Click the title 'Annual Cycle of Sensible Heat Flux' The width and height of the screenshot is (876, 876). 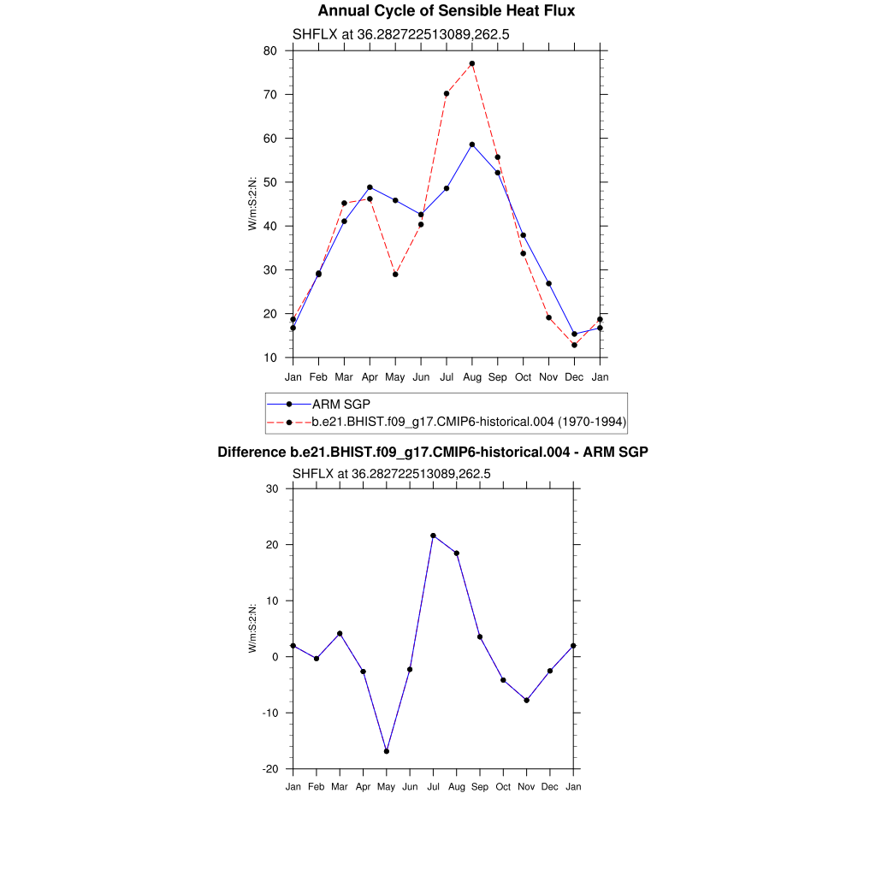(446, 11)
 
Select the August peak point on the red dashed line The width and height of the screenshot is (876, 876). (472, 63)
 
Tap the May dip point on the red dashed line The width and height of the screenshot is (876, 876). (395, 275)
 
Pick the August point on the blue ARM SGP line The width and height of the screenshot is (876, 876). (472, 145)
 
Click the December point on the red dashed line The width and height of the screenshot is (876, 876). (575, 345)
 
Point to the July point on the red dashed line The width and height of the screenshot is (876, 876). (447, 93)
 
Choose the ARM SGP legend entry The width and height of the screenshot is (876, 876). (340, 404)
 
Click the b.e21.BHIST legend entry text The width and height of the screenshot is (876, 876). (469, 422)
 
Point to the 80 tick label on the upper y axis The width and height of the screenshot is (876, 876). (269, 50)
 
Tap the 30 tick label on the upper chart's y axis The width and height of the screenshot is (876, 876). (269, 269)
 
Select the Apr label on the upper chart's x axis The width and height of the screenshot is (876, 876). (370, 377)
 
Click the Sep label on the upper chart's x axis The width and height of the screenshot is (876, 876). (498, 377)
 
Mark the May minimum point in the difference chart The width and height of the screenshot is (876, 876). (387, 751)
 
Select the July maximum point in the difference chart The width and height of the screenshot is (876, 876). (433, 536)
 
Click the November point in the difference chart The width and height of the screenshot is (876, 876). (527, 701)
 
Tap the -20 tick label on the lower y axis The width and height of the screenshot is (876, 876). (269, 769)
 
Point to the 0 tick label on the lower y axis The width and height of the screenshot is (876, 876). (275, 657)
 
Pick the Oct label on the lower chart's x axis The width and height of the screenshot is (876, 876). (503, 787)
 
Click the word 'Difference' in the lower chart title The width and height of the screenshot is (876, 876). (246, 452)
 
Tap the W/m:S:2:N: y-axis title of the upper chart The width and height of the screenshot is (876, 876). (253, 204)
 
